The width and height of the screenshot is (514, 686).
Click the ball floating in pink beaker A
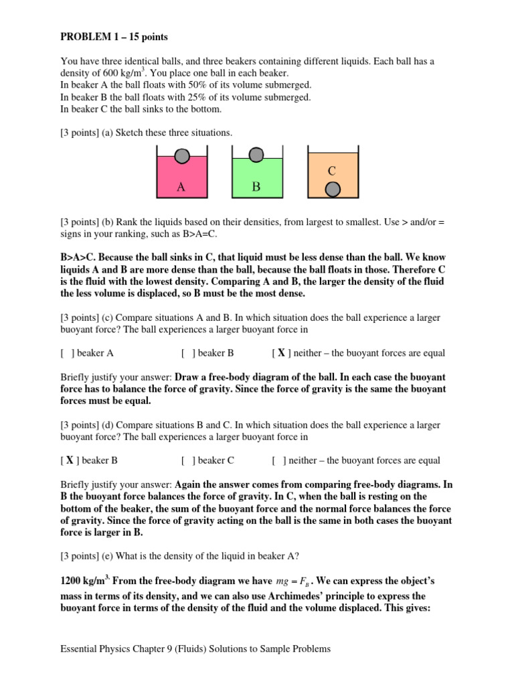pos(182,156)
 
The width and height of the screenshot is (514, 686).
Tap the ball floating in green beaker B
pos(255,155)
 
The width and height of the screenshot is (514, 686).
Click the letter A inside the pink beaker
pos(181,188)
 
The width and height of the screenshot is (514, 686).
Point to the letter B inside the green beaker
pos(255,187)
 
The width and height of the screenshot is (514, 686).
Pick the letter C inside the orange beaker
pos(331,171)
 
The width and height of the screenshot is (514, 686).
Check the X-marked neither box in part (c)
pos(281,353)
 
